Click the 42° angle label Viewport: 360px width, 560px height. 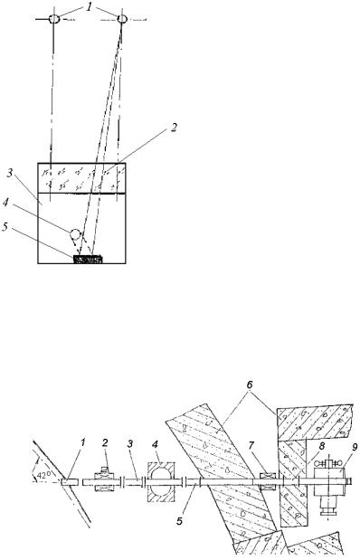[44, 475]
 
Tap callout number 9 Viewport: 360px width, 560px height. [344, 445]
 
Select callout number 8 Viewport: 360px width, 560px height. [321, 445]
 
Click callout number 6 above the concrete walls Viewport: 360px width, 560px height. [250, 385]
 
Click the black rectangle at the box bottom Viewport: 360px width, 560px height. [89, 260]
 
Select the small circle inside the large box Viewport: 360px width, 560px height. [75, 234]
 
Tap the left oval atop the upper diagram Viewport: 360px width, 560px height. [54, 18]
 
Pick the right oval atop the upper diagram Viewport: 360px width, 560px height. [122, 18]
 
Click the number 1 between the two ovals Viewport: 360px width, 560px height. [89, 8]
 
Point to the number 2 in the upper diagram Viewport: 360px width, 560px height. [173, 128]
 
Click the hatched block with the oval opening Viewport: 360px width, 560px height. [161, 482]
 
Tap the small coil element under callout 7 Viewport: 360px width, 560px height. [269, 482]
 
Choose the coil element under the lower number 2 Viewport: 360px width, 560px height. [105, 482]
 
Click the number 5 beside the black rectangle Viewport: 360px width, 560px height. [5, 227]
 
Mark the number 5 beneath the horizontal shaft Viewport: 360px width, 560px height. [180, 521]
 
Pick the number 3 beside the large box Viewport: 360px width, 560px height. [11, 175]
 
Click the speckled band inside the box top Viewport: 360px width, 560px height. [81, 178]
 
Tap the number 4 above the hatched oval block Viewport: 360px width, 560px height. [155, 445]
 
